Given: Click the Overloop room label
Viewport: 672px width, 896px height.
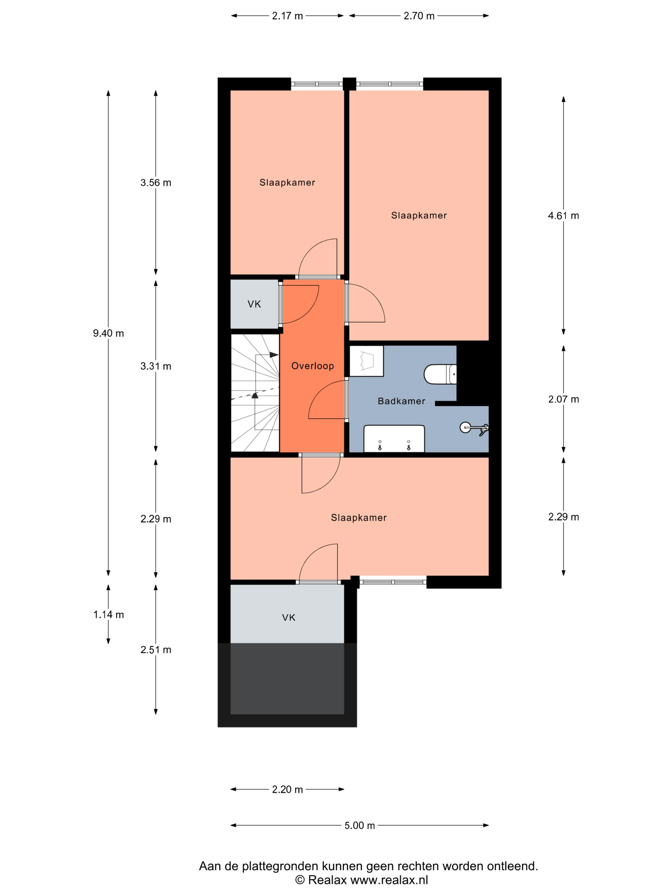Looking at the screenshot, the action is [x=312, y=366].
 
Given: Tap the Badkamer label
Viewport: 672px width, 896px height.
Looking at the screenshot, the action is [x=401, y=401].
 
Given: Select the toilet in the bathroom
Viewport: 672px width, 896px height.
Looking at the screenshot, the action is [x=440, y=374].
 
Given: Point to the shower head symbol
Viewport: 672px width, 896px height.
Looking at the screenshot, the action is [x=474, y=428].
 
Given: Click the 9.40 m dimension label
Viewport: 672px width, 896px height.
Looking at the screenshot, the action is [x=108, y=333].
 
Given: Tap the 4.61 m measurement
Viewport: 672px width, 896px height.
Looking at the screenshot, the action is [x=563, y=215].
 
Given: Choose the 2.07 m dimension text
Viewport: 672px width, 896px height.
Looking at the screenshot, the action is [x=563, y=399].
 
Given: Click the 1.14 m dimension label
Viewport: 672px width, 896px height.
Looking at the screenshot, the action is [x=108, y=614].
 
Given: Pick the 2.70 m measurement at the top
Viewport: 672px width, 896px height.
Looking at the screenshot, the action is [x=419, y=16].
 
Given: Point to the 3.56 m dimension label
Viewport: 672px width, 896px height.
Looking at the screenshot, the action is [x=156, y=183].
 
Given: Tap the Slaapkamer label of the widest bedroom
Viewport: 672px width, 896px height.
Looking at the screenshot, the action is [x=358, y=517].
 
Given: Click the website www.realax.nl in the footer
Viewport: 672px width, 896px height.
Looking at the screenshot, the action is [x=389, y=880].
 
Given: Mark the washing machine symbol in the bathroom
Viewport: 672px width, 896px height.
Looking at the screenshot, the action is [x=366, y=361].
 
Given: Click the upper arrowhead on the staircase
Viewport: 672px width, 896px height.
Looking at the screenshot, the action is [x=274, y=355].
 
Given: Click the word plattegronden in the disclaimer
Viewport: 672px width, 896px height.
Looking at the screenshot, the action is [x=280, y=866].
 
